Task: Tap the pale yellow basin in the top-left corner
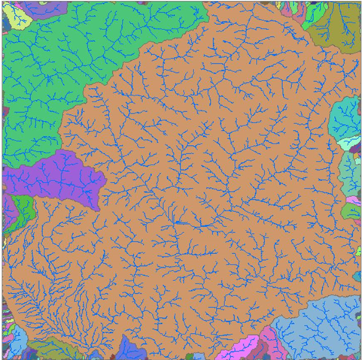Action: point(17,15)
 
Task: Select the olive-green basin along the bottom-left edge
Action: point(49,349)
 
